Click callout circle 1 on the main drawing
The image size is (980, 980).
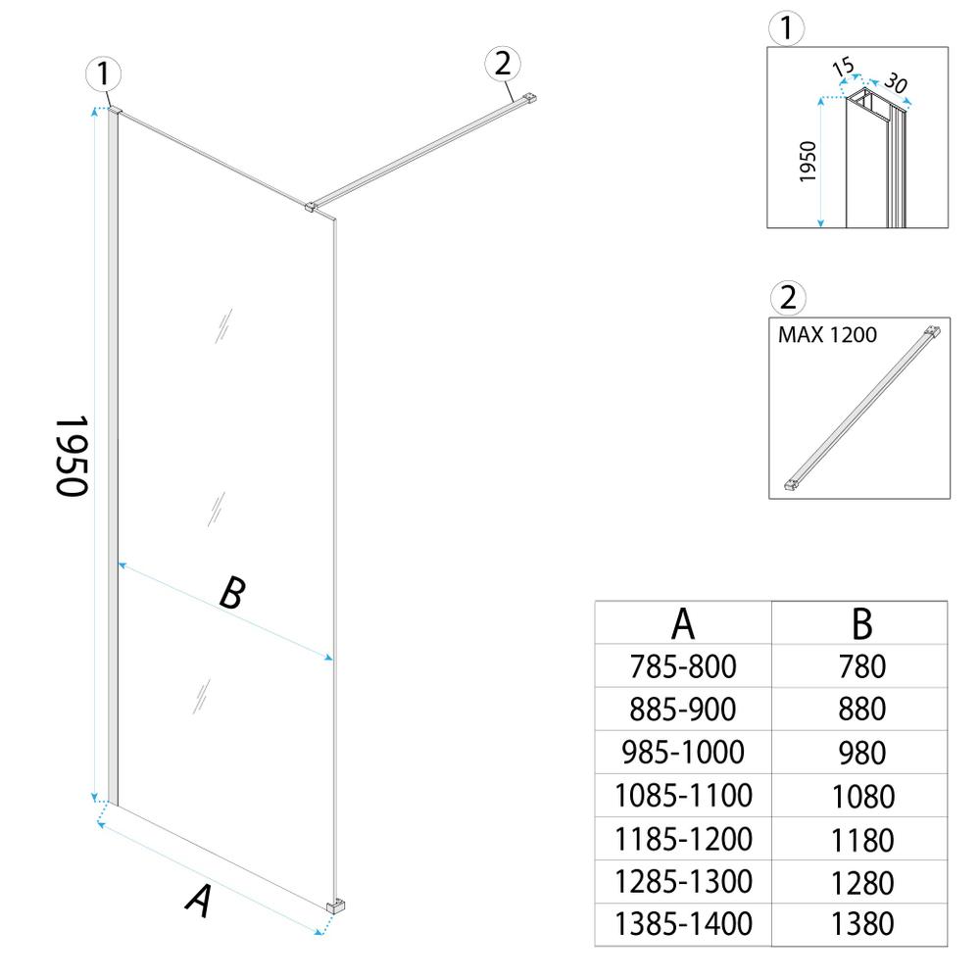click(x=103, y=74)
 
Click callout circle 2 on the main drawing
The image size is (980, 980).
click(x=502, y=64)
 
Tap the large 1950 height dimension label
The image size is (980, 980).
click(x=71, y=455)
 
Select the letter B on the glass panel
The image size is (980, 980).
click(x=229, y=593)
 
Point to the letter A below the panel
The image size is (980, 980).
click(x=199, y=900)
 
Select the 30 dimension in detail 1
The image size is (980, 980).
click(x=893, y=83)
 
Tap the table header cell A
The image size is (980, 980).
click(x=683, y=622)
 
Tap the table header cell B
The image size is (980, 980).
click(x=861, y=622)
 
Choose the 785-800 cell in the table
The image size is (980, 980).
click(x=683, y=666)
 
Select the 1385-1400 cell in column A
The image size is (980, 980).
click(x=683, y=923)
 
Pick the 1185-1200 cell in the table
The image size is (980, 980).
click(x=683, y=839)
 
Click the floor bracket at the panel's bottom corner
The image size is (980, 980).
click(x=335, y=906)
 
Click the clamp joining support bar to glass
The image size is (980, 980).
click(x=312, y=206)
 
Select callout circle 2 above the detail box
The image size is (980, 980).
click(x=789, y=296)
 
